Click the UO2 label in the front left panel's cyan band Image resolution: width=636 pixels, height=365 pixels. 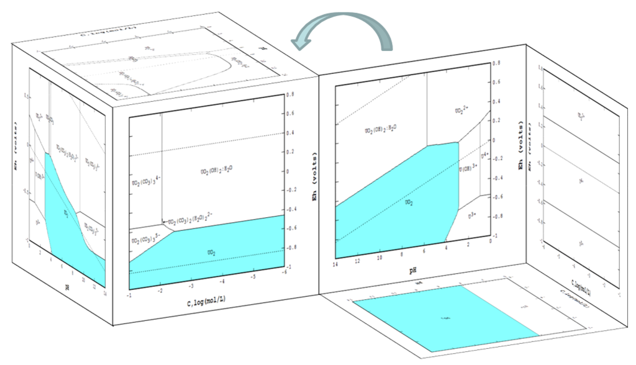[x=211, y=253]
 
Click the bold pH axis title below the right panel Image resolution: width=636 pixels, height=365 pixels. [x=412, y=271]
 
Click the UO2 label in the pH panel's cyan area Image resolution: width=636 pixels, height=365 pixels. [x=409, y=202]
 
